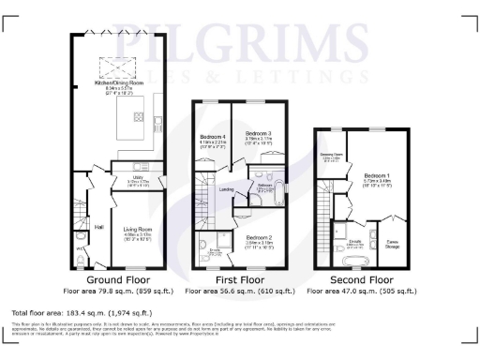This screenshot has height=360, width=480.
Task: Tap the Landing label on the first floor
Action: click(226, 189)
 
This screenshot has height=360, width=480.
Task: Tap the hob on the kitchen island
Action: click(139, 117)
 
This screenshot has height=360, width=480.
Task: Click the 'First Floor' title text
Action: click(233, 280)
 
